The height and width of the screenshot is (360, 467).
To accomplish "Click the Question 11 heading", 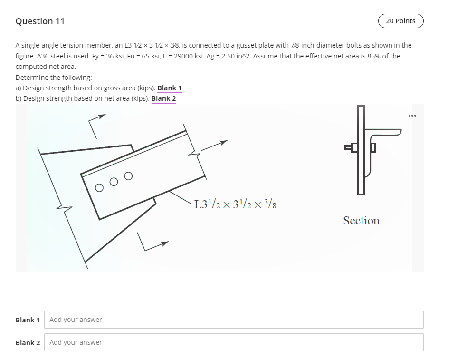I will (x=40, y=21).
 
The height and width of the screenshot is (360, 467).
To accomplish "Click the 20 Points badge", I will (x=400, y=21).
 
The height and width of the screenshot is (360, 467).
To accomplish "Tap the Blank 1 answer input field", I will (x=234, y=320).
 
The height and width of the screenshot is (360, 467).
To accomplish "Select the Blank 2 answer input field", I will (x=234, y=342).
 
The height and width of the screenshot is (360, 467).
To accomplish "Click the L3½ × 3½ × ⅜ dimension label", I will (x=236, y=205).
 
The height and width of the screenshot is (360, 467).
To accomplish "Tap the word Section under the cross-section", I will (x=361, y=221).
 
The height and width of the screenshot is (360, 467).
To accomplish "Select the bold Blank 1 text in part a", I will (x=169, y=88).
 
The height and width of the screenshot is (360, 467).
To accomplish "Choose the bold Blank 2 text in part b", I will (x=163, y=98).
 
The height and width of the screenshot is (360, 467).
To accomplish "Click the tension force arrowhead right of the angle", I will (x=224, y=142).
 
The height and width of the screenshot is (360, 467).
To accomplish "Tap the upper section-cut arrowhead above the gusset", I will (x=102, y=116).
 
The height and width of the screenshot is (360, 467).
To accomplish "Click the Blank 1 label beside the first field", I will (x=28, y=320).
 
